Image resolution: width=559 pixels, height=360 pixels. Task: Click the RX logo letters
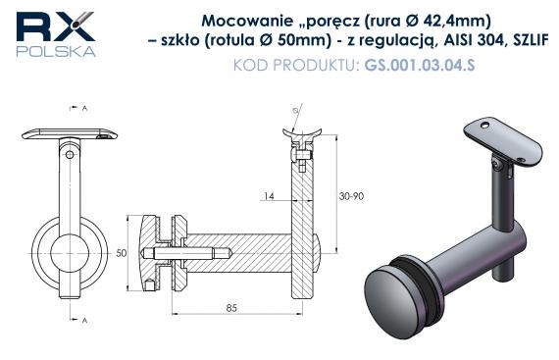coord(55,26)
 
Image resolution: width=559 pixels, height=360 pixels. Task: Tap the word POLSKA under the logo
coord(56,51)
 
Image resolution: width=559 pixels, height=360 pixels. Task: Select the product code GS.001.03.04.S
coord(420,65)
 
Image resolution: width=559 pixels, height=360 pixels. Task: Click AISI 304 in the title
coord(475,40)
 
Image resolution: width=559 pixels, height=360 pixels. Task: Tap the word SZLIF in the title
coord(530,40)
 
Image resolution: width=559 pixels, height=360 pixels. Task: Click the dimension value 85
coord(231,308)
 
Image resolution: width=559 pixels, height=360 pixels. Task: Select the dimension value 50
coord(122,253)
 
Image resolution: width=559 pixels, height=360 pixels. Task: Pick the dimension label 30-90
coord(351,196)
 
